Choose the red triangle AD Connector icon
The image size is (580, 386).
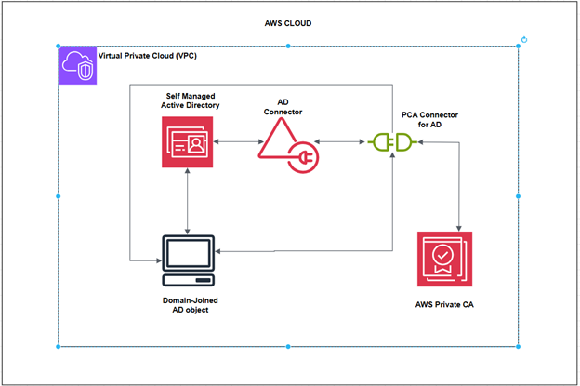click(x=283, y=142)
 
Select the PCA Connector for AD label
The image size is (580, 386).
click(x=428, y=119)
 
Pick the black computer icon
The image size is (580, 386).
click(x=189, y=260)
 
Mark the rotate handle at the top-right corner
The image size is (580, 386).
click(x=525, y=39)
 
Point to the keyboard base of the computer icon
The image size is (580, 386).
click(x=189, y=279)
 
